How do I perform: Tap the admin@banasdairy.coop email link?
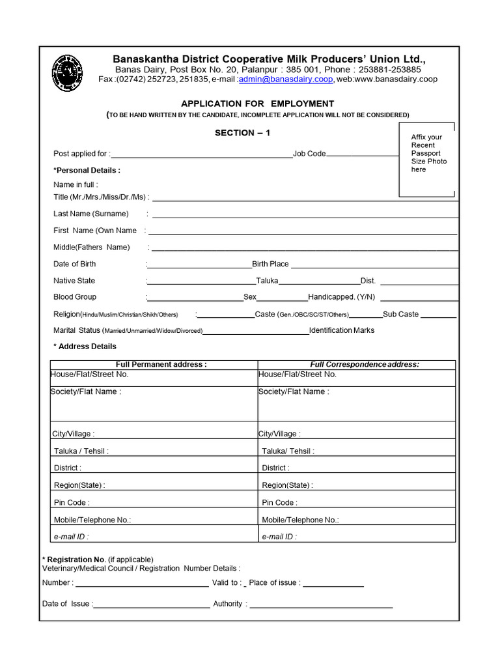pyautogui.click(x=286, y=79)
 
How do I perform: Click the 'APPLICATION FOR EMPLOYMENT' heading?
pyautogui.click(x=257, y=104)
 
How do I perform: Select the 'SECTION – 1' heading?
pyautogui.click(x=242, y=133)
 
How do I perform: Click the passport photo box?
pyautogui.click(x=427, y=160)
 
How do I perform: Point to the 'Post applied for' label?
pyautogui.click(x=81, y=154)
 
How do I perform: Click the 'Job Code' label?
pyautogui.click(x=309, y=154)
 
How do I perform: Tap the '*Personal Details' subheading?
pyautogui.click(x=87, y=171)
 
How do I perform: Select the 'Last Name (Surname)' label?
pyautogui.click(x=91, y=214)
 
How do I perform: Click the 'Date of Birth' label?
pyautogui.click(x=74, y=264)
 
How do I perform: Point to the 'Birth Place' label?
pyautogui.click(x=270, y=264)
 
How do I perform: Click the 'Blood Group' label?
pyautogui.click(x=75, y=297)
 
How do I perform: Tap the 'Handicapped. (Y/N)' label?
pyautogui.click(x=340, y=297)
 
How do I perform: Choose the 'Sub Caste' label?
pyautogui.click(x=400, y=314)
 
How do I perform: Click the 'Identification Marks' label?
pyautogui.click(x=342, y=330)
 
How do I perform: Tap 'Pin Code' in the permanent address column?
pyautogui.click(x=72, y=503)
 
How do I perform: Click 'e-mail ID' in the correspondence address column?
pyautogui.click(x=279, y=537)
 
